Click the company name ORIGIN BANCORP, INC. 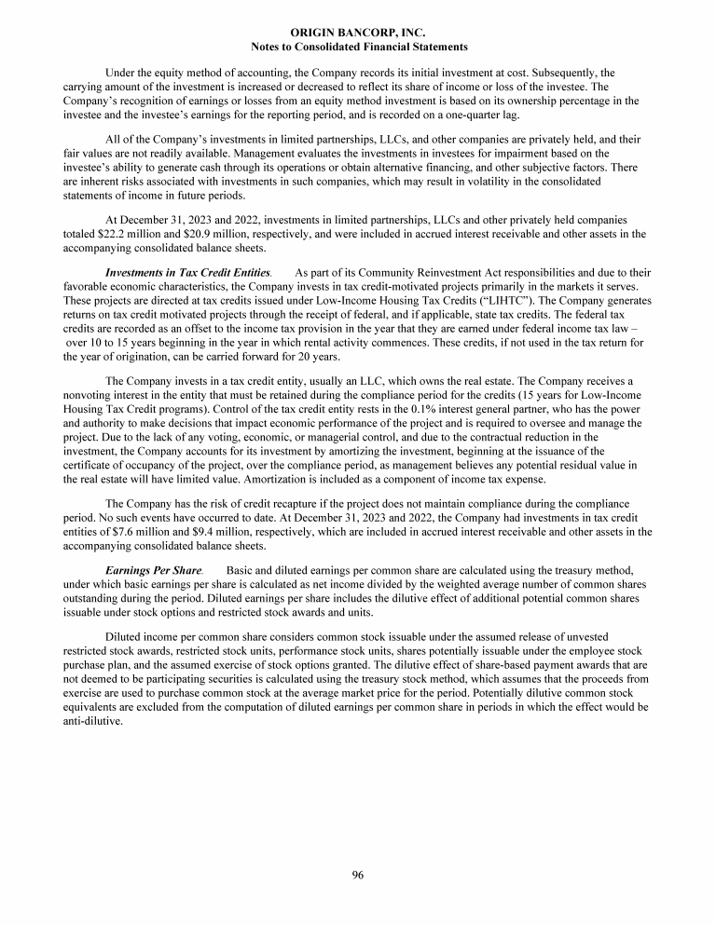point(359,33)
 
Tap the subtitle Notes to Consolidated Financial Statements point(359,46)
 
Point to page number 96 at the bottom point(358,874)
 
